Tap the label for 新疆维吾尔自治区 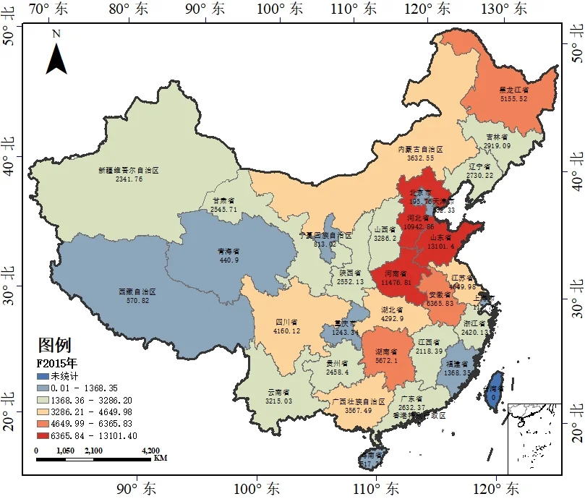tap(129, 171)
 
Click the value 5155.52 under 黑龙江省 tap(513, 99)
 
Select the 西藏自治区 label tap(137, 291)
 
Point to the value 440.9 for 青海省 tap(229, 260)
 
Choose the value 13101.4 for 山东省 tap(442, 247)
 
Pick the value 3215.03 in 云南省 tap(279, 401)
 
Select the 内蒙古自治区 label tap(420, 148)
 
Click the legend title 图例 tap(54, 345)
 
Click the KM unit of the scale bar tap(161, 458)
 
